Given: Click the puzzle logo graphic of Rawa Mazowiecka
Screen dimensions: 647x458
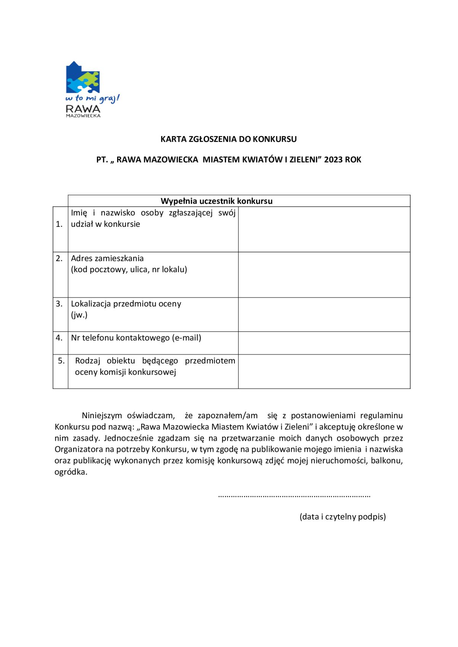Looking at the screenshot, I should click(x=83, y=77).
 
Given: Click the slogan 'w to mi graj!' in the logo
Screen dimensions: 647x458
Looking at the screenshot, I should click(x=92, y=98).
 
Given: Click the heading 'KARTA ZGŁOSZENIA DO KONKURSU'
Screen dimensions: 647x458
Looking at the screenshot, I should click(x=228, y=139).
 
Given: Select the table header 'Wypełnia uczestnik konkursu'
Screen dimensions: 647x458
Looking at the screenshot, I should click(x=216, y=201).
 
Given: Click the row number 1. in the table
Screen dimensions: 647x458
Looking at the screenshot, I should click(x=59, y=224).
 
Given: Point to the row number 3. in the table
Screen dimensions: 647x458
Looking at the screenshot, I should click(x=59, y=304).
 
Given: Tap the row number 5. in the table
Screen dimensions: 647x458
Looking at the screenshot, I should click(x=61, y=361).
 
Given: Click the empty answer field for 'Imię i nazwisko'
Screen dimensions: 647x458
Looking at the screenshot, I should click(x=324, y=229).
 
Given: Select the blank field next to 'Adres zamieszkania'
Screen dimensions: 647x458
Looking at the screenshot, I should click(x=324, y=275).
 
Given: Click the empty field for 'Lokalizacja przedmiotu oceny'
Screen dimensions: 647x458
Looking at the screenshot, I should click(x=324, y=315).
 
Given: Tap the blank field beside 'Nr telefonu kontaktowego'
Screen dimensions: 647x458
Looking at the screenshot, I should click(x=324, y=343).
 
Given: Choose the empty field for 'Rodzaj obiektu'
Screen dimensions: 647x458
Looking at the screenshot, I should click(x=324, y=371).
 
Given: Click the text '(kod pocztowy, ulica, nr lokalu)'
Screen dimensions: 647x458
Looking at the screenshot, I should click(x=129, y=270).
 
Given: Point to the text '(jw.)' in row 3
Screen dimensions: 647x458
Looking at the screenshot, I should click(x=79, y=315).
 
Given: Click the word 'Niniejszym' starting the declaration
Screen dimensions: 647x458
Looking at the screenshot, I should click(x=102, y=416).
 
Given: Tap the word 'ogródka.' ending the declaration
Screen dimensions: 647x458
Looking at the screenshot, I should click(x=71, y=472).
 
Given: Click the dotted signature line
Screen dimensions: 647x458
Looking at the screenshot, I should click(x=294, y=496).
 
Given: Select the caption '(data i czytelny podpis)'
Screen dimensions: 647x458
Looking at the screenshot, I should click(x=342, y=517).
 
